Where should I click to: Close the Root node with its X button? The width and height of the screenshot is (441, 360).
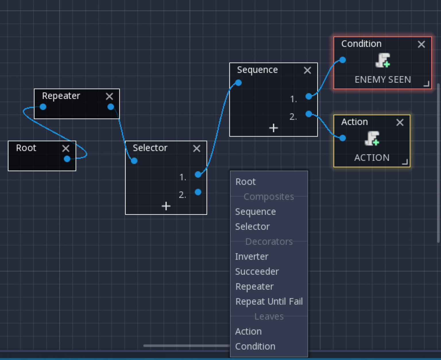click(x=66, y=148)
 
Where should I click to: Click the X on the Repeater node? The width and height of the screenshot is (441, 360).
click(x=109, y=96)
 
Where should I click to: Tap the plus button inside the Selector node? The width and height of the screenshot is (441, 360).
click(x=166, y=206)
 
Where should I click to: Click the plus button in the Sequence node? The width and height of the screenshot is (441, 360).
click(x=274, y=128)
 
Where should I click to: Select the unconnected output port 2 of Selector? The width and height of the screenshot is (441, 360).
click(x=198, y=192)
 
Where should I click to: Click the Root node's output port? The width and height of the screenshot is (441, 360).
click(x=67, y=159)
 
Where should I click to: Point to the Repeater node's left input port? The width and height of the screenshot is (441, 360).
click(x=43, y=107)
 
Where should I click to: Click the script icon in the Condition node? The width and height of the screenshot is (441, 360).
click(x=383, y=61)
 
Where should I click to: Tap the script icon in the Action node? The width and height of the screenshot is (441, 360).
click(x=372, y=138)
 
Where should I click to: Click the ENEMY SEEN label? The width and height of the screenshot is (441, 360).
click(x=383, y=80)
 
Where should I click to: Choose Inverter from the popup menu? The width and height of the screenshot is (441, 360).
click(x=252, y=256)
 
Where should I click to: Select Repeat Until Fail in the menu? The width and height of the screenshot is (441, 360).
click(x=269, y=301)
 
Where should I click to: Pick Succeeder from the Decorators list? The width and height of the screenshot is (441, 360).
click(x=257, y=272)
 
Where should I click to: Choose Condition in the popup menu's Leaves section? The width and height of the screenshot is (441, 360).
click(x=255, y=347)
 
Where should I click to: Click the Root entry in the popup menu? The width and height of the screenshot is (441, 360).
click(x=245, y=182)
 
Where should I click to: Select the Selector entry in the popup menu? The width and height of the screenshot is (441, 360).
click(x=252, y=227)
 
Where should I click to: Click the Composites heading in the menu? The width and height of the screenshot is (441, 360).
click(x=269, y=196)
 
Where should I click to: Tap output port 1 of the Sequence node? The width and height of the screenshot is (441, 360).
click(x=309, y=96)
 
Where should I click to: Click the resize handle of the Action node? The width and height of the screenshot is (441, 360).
click(x=405, y=162)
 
